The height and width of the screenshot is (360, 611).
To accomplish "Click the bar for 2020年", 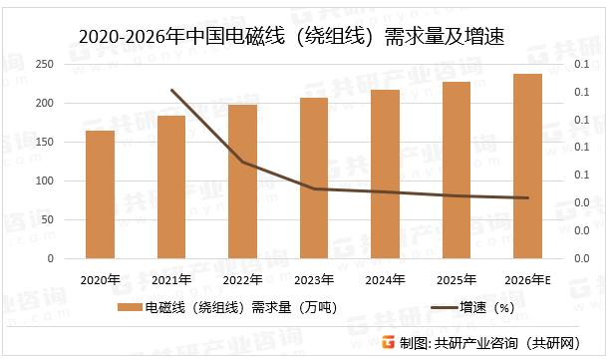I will [x=100, y=195].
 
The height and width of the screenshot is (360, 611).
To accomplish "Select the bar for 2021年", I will [x=171, y=187].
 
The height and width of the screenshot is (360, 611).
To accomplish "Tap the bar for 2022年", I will [x=242, y=181].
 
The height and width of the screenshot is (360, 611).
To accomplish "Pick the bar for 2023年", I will [x=314, y=179].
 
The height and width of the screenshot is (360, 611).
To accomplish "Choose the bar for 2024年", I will [x=385, y=175].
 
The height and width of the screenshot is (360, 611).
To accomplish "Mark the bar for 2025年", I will [x=457, y=171].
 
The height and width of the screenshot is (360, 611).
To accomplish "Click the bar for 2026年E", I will [x=527, y=167].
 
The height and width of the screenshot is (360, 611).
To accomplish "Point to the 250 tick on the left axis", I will [x=45, y=64].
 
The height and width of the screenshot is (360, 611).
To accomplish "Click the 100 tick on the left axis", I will [x=45, y=181].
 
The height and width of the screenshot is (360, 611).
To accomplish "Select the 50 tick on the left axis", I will [x=48, y=220].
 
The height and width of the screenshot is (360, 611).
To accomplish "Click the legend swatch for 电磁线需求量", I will [x=130, y=308].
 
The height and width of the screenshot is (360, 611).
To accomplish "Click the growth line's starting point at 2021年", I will [x=171, y=91].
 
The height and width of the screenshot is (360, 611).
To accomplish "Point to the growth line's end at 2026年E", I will [x=527, y=197].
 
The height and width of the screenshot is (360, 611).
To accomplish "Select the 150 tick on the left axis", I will [x=45, y=143].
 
